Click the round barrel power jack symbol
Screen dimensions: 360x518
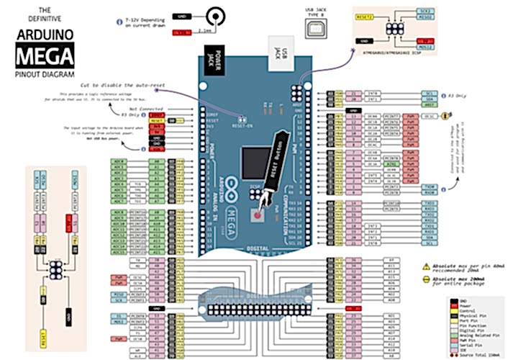(x=214, y=15)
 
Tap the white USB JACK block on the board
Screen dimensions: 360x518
(x=283, y=52)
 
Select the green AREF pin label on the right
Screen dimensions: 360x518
(x=430, y=104)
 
